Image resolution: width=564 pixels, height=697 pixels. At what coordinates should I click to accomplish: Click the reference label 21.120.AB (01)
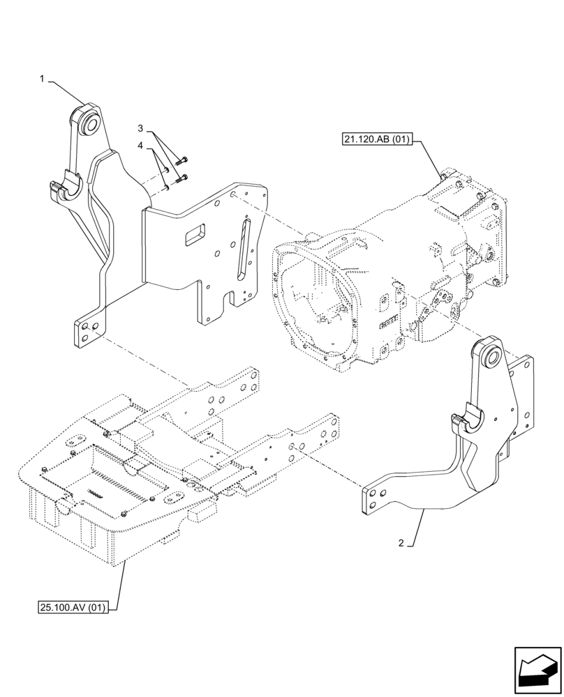tap(376, 139)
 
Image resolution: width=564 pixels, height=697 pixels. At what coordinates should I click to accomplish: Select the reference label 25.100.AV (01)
tap(73, 607)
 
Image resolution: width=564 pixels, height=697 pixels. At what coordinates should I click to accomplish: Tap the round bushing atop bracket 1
tap(89, 123)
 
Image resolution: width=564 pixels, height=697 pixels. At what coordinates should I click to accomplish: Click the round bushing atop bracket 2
tap(491, 357)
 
